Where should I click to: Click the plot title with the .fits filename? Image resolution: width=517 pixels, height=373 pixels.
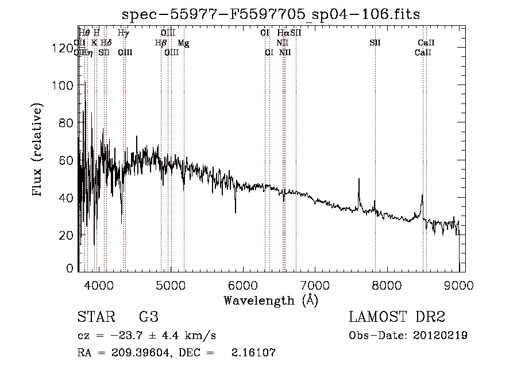click(272, 15)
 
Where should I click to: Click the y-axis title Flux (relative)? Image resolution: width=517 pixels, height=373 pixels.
click(38, 151)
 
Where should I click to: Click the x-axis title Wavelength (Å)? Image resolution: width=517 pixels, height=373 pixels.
click(271, 300)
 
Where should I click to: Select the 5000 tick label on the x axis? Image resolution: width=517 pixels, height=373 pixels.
click(170, 284)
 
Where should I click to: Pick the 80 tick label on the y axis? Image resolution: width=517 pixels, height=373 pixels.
click(67, 122)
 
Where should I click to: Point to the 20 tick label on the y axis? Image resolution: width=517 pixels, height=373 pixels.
click(67, 235)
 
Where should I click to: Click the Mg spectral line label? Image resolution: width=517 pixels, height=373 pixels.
click(183, 43)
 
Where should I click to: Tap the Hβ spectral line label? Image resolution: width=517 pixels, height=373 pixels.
click(160, 43)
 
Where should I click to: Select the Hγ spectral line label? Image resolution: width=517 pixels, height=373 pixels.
click(124, 33)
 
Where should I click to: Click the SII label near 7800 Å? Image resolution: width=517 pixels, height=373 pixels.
click(375, 43)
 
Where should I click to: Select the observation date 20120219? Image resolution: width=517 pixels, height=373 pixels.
click(440, 336)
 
